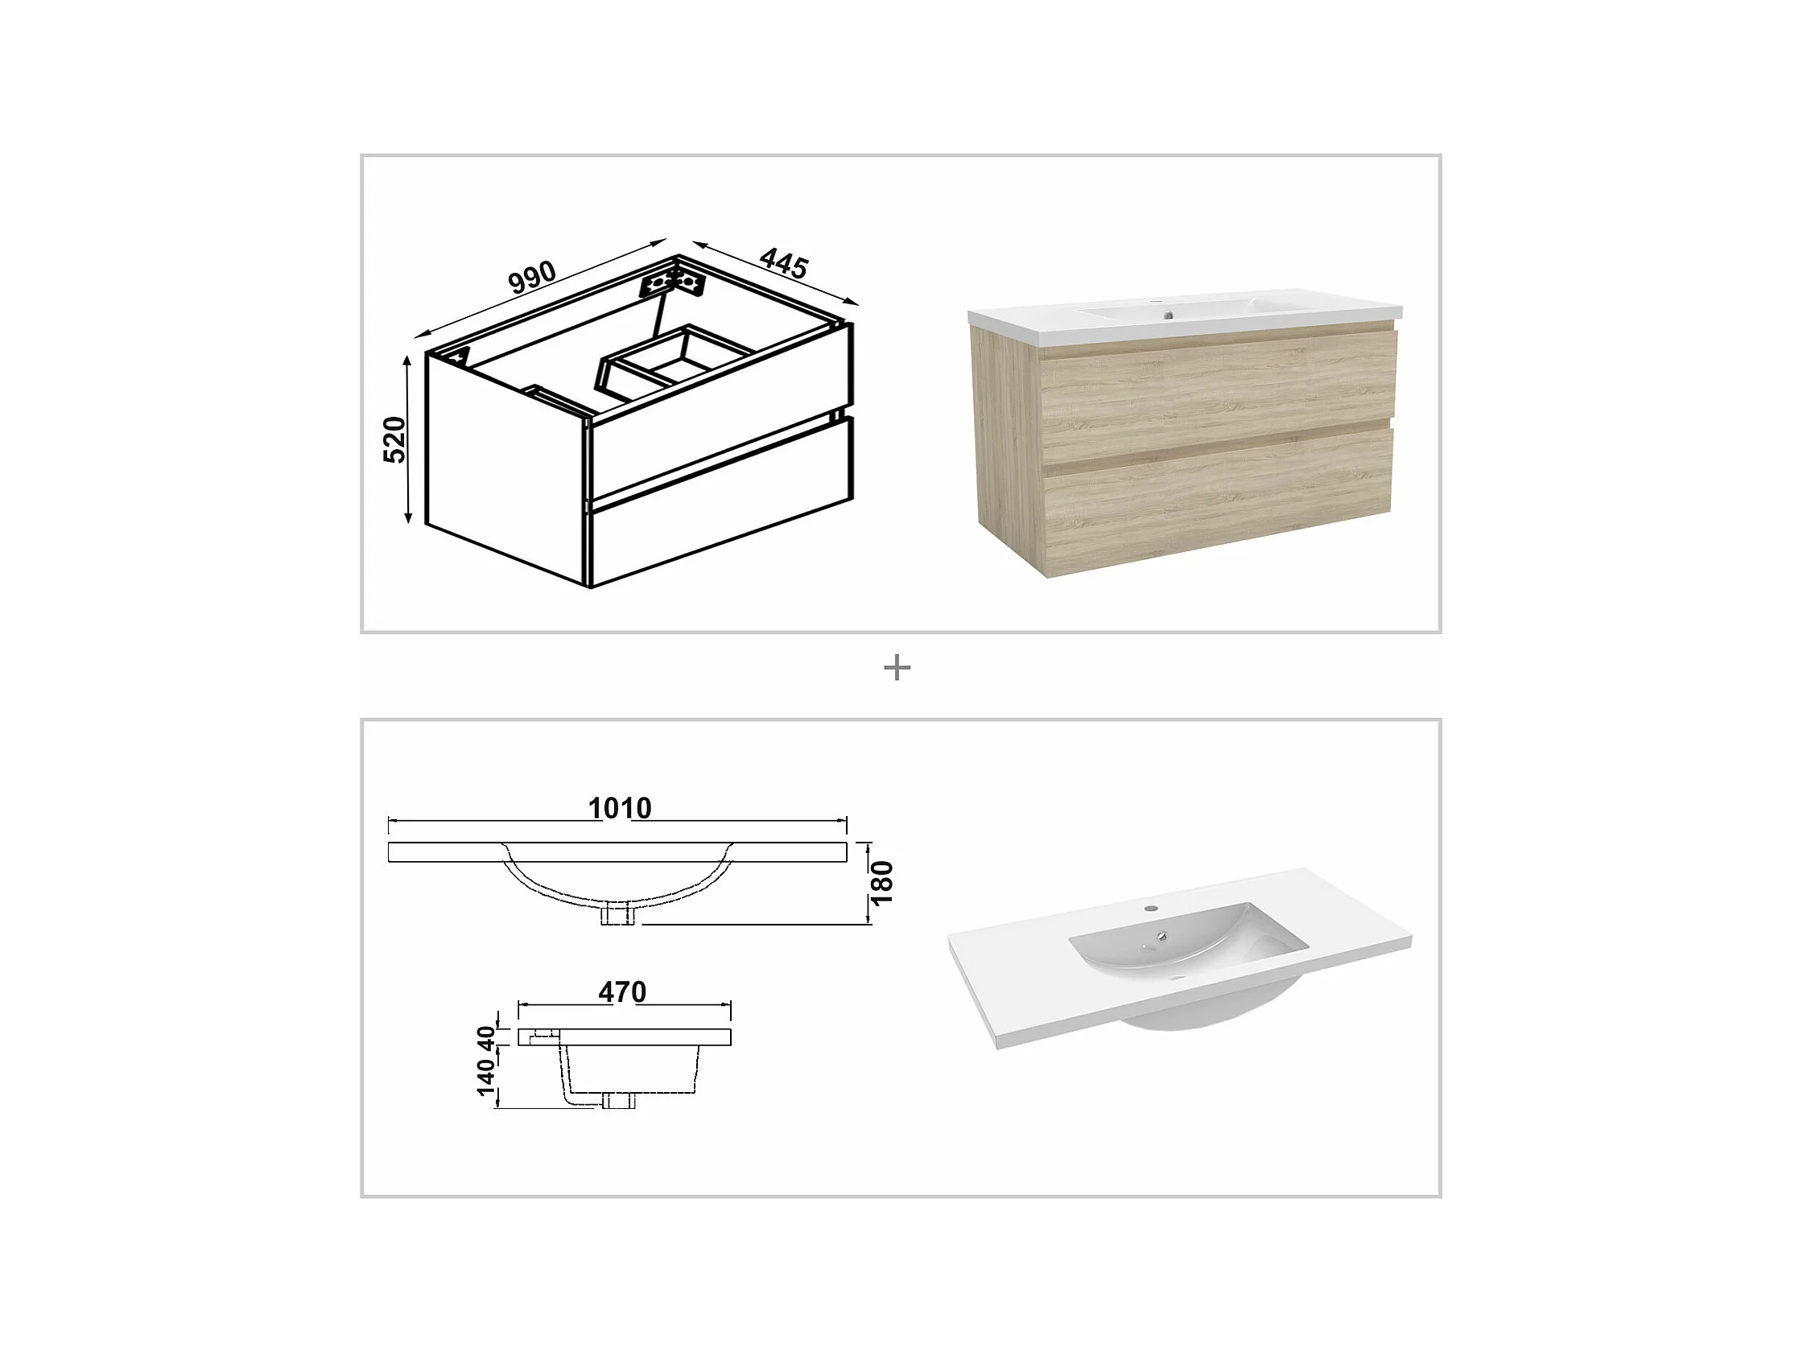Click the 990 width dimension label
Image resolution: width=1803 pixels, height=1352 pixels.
(532, 277)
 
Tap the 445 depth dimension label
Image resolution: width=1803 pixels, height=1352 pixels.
(783, 263)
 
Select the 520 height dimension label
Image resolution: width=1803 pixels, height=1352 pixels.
(394, 440)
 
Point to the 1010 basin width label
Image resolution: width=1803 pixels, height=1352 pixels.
(620, 808)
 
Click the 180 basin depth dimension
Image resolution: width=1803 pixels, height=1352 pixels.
(882, 884)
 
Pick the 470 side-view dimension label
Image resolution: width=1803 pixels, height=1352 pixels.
(622, 991)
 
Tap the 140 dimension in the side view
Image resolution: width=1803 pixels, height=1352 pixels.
(486, 1078)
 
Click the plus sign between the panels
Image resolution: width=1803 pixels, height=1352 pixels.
(897, 667)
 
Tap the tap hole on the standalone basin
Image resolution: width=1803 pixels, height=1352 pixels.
(1151, 908)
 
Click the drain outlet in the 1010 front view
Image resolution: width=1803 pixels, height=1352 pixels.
(618, 915)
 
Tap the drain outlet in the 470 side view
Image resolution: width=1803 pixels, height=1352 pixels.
(619, 1101)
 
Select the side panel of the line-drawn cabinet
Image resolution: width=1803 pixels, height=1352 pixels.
(505, 468)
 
